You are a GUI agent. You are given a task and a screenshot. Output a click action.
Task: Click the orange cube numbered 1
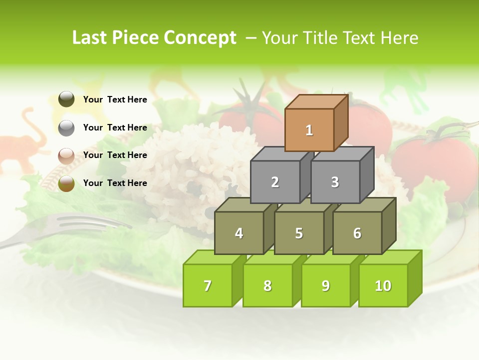coord(309,130)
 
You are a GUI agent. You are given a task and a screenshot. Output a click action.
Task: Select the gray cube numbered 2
coord(275,182)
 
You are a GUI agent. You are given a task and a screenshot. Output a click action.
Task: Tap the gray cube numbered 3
coord(335,182)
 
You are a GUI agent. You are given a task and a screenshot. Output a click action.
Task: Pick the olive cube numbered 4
coord(239,233)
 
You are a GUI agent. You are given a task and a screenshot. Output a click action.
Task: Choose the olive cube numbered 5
coord(299,233)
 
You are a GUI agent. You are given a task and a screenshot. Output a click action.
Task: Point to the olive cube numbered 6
coord(357,233)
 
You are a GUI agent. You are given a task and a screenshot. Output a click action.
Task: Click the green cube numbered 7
coord(208,285)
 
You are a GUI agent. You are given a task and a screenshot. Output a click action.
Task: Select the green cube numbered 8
coord(267,285)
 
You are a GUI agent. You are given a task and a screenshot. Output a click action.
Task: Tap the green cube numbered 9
coord(325,285)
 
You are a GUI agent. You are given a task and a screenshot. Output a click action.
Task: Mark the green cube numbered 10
coord(383,285)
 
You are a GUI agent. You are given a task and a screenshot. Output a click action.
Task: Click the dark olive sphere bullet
coord(66,99)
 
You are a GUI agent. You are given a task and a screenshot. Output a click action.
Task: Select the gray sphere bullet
coord(66,127)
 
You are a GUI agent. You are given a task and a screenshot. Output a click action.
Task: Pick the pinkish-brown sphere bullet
coord(66,155)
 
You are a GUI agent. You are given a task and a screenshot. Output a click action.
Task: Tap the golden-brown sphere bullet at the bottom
coord(66,183)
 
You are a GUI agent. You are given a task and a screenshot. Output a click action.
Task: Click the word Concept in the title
coord(200,38)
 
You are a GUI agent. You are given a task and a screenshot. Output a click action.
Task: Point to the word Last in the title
coord(90,38)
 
